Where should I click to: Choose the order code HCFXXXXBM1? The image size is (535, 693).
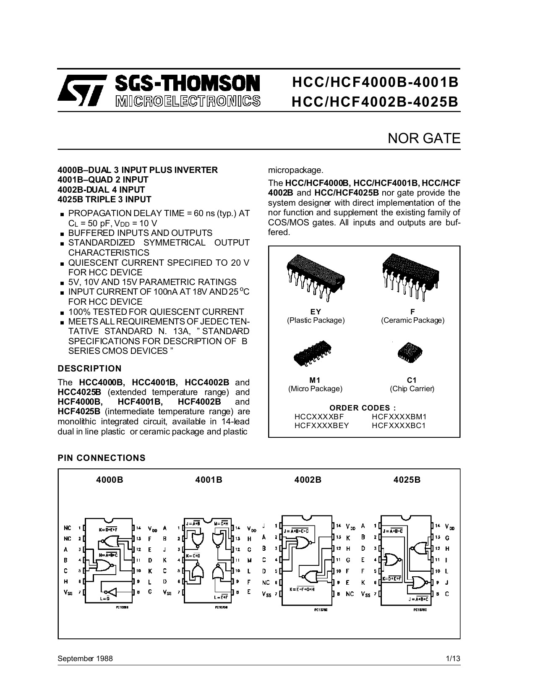[x=399, y=417]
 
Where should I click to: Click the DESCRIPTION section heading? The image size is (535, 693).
[x=89, y=369]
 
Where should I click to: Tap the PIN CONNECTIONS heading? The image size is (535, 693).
[x=102, y=458]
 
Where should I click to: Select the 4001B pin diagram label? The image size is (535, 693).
[x=209, y=480]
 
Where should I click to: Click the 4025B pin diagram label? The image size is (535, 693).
[x=407, y=480]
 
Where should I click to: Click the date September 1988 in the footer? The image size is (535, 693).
[x=85, y=658]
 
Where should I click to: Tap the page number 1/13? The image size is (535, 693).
[x=453, y=658]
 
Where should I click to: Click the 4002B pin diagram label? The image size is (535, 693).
[x=308, y=480]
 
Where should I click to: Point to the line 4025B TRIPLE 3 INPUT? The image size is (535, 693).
[x=104, y=199]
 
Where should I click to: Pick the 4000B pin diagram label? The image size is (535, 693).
[x=110, y=480]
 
